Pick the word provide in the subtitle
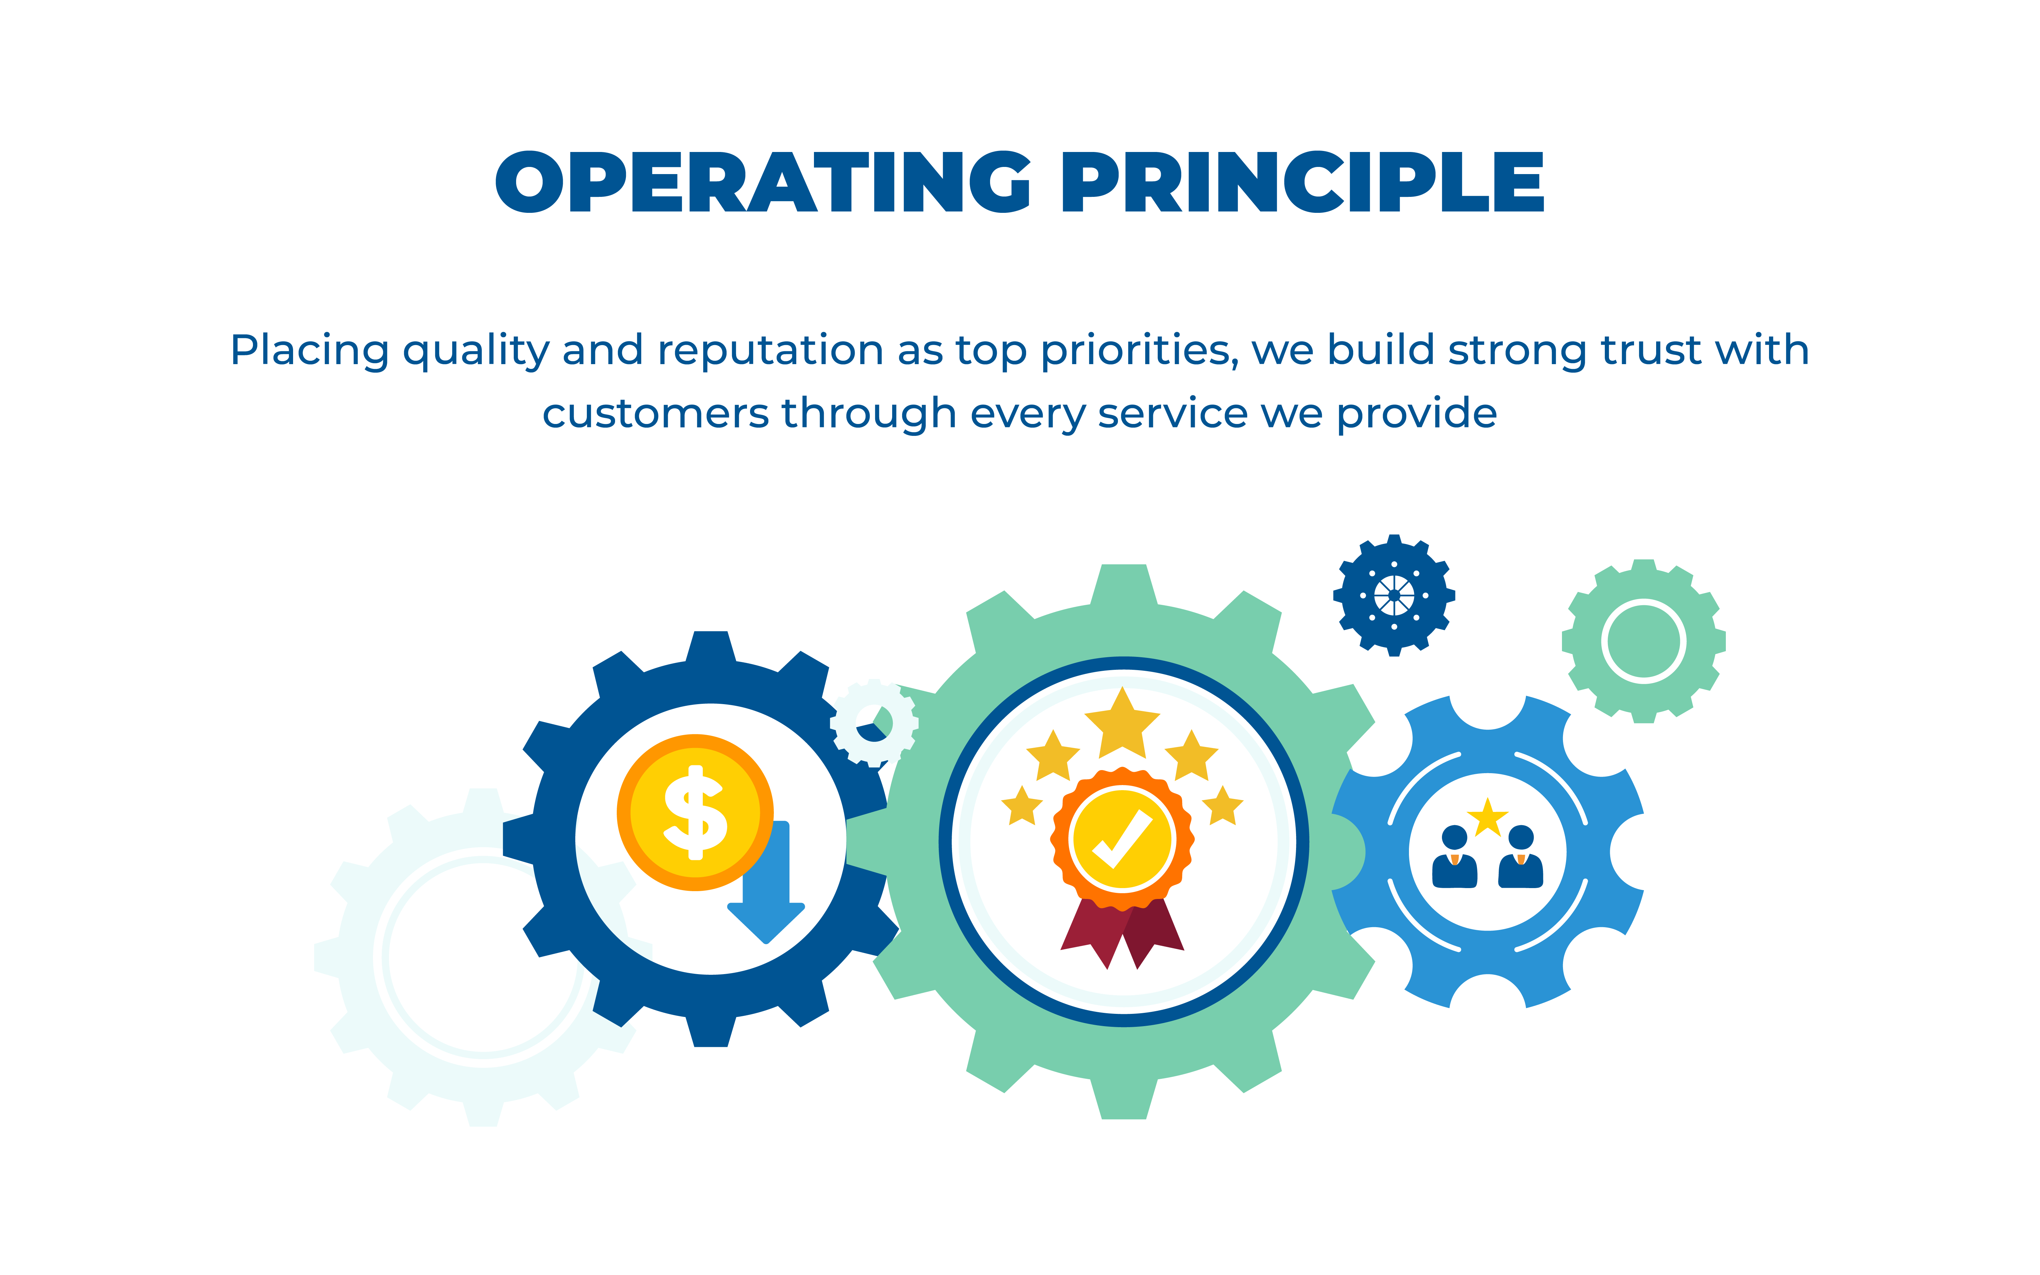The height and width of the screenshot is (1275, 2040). click(1416, 414)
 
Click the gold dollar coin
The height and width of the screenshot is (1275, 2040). click(695, 812)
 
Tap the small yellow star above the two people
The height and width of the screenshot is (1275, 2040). click(1488, 817)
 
